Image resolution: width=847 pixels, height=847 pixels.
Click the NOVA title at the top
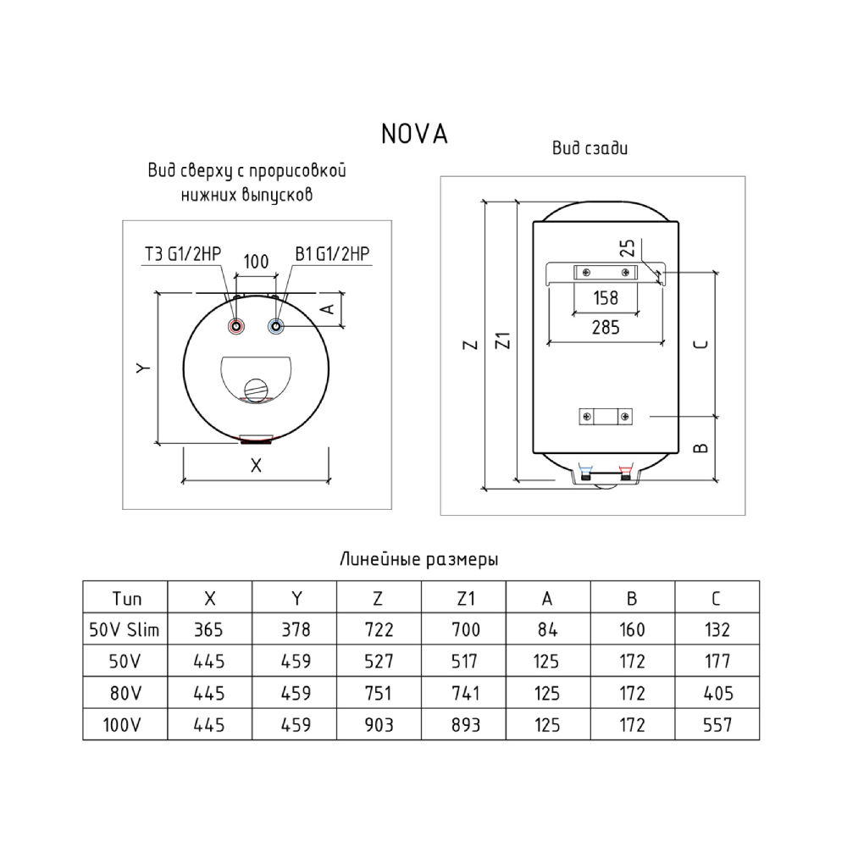tap(414, 134)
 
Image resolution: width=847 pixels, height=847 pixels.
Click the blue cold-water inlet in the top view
tap(275, 327)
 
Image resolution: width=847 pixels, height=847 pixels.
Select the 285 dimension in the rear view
tap(604, 327)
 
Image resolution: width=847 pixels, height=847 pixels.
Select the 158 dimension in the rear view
tap(604, 298)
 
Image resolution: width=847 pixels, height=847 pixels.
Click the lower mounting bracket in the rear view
tap(604, 417)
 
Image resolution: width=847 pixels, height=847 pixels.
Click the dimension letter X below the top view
tap(256, 465)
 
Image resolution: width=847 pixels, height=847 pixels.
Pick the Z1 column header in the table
tap(464, 599)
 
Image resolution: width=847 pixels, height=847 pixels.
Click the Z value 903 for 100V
tap(379, 725)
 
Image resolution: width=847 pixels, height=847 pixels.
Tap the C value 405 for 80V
tap(716, 694)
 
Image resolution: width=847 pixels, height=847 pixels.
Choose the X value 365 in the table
tap(210, 629)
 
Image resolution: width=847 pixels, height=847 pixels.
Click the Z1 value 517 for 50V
tap(464, 662)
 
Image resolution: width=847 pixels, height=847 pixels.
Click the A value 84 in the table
tap(547, 629)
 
